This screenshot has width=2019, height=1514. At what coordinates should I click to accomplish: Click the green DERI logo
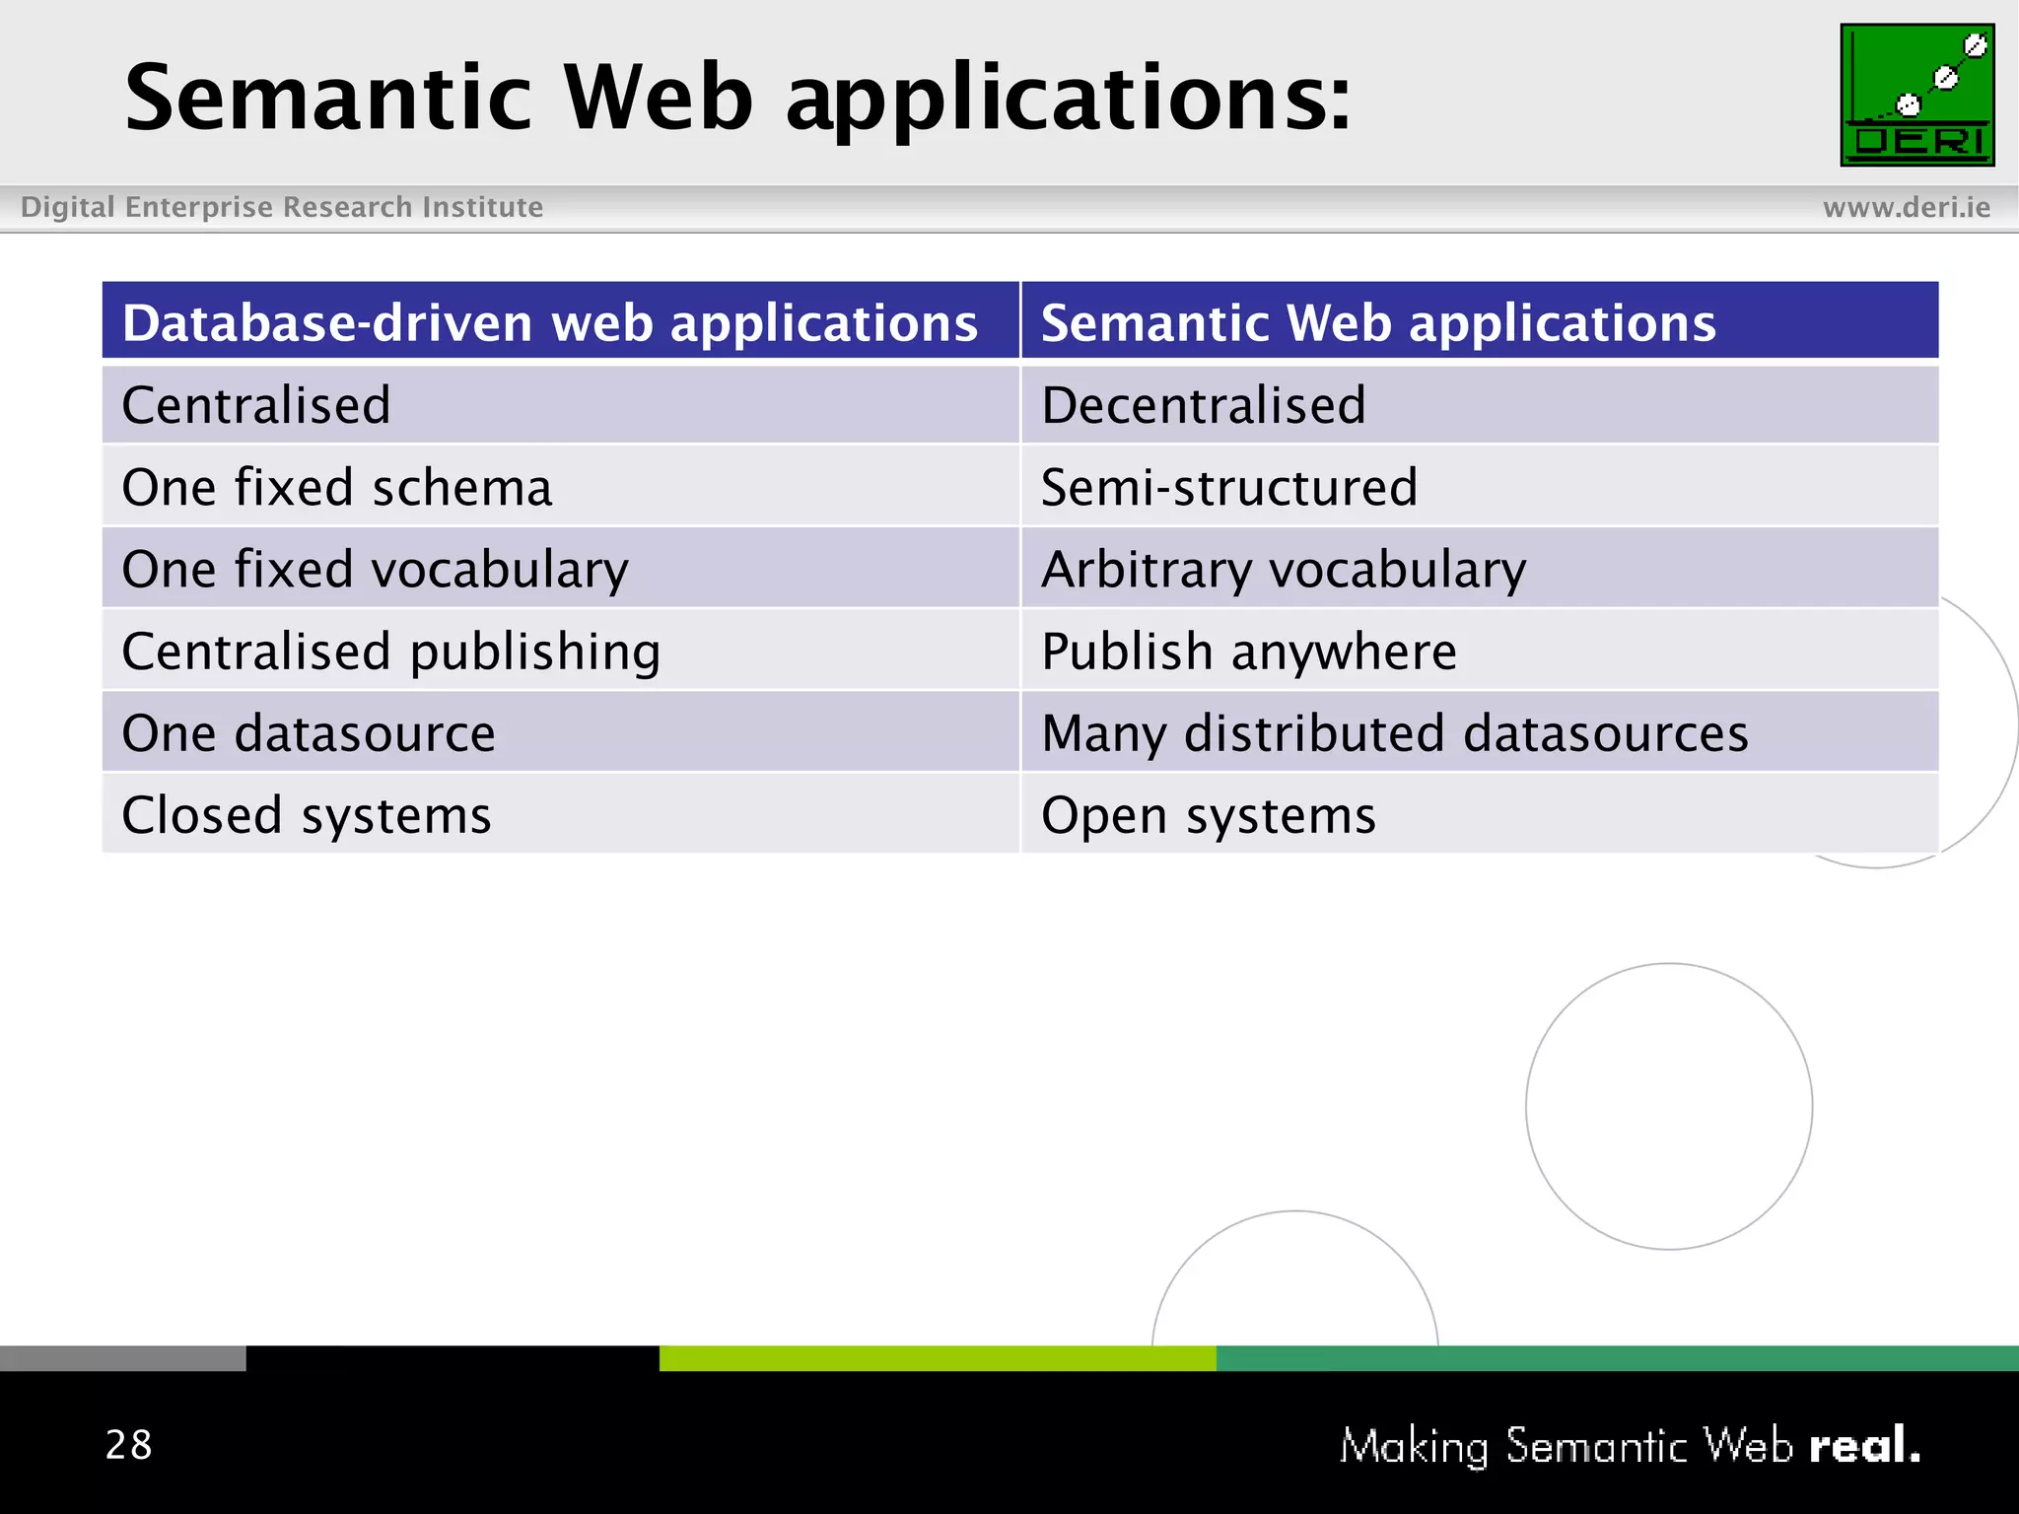1916,96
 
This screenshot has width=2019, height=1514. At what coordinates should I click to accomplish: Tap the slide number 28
129,1445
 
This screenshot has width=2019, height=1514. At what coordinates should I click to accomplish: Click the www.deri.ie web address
1906,207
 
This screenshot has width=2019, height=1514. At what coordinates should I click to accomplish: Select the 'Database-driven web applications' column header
550,323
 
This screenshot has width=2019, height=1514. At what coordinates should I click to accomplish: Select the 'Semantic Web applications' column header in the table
1378,323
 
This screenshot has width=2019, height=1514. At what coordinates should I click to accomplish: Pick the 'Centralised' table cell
256,405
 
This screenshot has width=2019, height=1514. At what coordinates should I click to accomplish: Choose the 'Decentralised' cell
1203,405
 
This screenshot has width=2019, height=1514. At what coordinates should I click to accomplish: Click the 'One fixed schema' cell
336,487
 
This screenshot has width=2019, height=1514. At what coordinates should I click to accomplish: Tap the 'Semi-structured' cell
1228,487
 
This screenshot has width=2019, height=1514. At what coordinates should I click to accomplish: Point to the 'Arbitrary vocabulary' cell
1284,570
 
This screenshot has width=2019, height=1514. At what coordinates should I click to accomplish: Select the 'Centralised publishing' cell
390,652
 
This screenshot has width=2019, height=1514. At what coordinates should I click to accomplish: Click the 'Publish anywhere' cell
1248,652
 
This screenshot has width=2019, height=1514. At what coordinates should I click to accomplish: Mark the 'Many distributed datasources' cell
1394,733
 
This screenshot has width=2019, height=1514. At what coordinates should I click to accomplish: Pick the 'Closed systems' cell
306,815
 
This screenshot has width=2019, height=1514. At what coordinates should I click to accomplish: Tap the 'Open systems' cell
1208,815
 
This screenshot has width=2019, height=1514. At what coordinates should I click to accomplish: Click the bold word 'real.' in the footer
1863,1446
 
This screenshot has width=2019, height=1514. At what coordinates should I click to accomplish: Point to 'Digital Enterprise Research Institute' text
282,207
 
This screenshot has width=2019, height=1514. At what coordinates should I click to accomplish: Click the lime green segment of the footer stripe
937,1358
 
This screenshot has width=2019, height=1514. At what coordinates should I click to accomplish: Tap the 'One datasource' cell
308,733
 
